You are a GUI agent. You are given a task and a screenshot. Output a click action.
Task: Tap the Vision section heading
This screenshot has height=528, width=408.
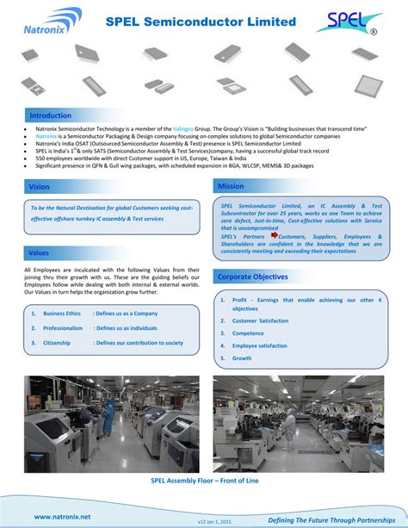pos(40,186)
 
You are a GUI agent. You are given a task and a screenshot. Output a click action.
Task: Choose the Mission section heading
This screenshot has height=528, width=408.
pos(231,186)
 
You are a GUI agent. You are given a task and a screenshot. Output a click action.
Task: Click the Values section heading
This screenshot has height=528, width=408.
pos(40,253)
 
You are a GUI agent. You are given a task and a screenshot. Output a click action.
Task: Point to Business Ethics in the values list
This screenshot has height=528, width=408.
pos(62,314)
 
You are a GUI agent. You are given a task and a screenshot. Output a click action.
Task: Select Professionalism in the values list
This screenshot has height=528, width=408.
pos(63,328)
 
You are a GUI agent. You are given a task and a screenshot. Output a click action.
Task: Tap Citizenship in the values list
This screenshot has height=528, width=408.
pos(58,343)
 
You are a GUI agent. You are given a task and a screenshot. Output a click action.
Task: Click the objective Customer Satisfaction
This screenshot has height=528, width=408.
pos(260,320)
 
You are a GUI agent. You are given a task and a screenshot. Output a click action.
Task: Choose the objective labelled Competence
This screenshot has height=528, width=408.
pos(248,333)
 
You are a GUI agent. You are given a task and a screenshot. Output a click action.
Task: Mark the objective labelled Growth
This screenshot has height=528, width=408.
pos(242,358)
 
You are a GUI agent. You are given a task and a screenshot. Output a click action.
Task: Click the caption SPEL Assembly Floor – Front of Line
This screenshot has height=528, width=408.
pos(204,481)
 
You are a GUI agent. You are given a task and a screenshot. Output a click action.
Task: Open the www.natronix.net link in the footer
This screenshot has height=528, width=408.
pos(62,516)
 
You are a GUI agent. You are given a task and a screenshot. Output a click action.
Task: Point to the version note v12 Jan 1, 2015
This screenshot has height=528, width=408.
pos(203,520)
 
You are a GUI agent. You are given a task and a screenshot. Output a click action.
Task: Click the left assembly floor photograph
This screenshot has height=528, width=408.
pos(107,424)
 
